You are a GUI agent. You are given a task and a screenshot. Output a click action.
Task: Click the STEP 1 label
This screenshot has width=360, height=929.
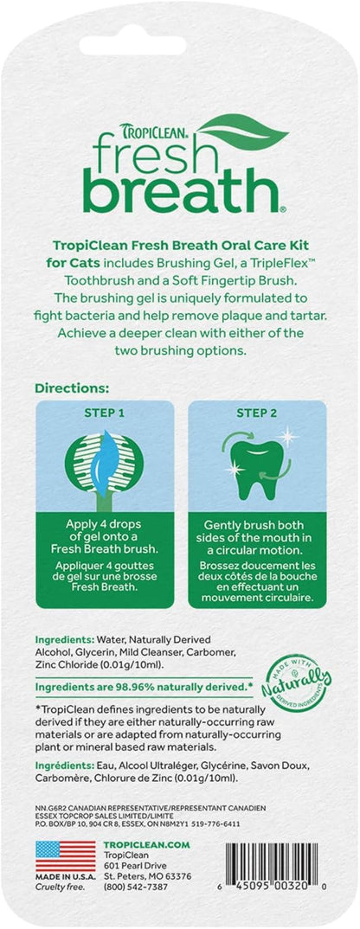click(x=107, y=413)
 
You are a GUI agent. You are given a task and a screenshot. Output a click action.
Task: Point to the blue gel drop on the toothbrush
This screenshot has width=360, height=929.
click(x=107, y=459)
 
